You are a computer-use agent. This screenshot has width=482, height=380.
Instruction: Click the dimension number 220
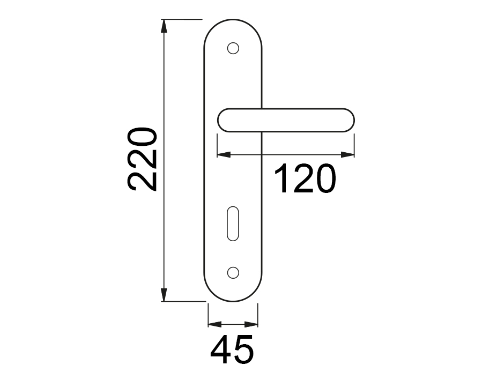click(142, 159)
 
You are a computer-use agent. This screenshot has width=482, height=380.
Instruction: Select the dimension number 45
click(232, 349)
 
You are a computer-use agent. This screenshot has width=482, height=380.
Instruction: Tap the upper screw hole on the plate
click(233, 48)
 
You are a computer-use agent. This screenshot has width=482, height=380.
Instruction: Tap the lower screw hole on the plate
click(233, 272)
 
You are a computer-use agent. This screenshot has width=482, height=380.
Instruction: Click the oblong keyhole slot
click(233, 224)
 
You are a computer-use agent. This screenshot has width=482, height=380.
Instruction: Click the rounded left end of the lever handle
click(218, 120)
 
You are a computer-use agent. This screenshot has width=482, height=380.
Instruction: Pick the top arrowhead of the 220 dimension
click(164, 26)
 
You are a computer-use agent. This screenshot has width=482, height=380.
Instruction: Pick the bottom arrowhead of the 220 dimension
click(164, 295)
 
